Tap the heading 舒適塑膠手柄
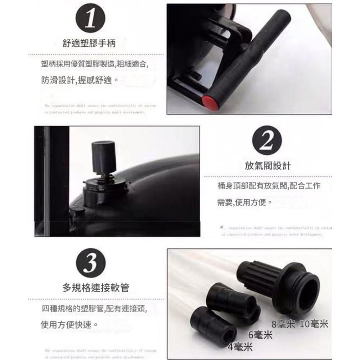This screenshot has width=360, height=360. pyautogui.click(x=90, y=44)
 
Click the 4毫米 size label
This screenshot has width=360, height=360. pyautogui.click(x=240, y=347)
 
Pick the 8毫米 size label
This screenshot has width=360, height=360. pyautogui.click(x=283, y=324)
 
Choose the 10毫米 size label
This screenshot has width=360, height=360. pyautogui.click(x=314, y=324)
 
